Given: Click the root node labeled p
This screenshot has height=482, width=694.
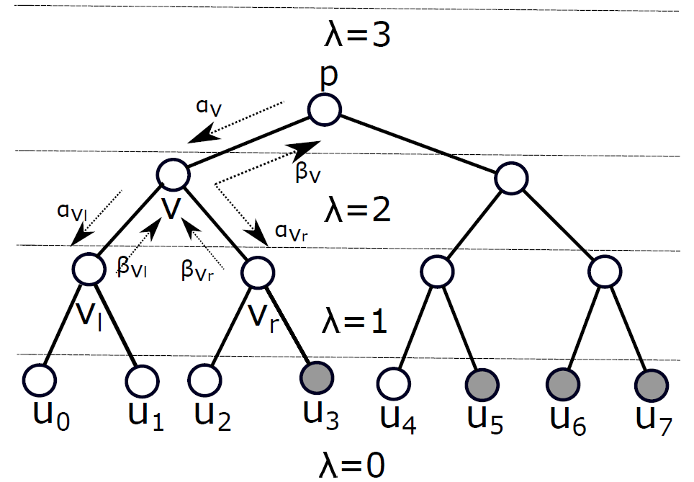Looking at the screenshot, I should (325, 110).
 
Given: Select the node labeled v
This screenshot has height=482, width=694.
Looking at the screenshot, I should (173, 175).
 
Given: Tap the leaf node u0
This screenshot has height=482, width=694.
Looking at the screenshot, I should (39, 378).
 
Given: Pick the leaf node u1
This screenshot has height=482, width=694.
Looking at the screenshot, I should (141, 379).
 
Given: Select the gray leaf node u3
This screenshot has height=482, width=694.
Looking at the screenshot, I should (316, 378).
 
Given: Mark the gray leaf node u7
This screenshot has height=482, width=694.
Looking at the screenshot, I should (650, 381).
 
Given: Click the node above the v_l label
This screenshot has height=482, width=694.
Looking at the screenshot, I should (89, 269).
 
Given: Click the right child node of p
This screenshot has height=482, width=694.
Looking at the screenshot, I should (510, 177).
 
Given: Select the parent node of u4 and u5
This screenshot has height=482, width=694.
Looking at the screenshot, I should (436, 272).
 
